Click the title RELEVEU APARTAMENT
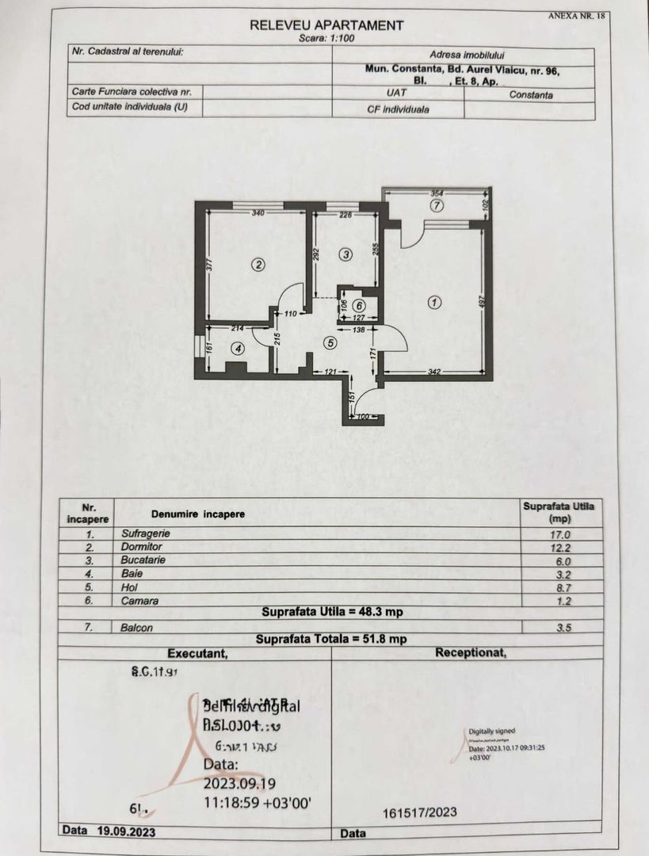point(326,25)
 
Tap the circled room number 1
point(433,301)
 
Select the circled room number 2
point(257,265)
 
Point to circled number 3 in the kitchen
point(345,254)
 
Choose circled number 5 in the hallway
point(359,305)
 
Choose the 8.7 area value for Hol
point(559,588)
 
